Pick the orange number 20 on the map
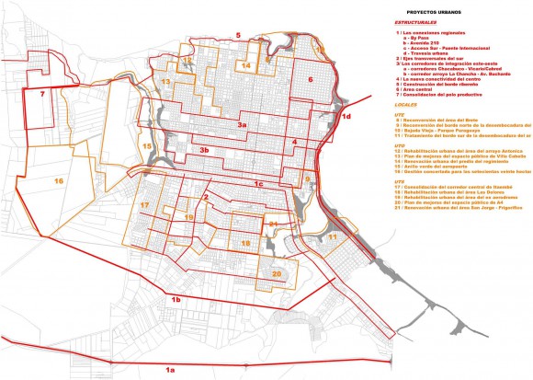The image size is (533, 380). (x=275, y=273)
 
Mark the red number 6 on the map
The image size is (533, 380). (x=311, y=80)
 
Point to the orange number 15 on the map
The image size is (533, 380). (x=147, y=146)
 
